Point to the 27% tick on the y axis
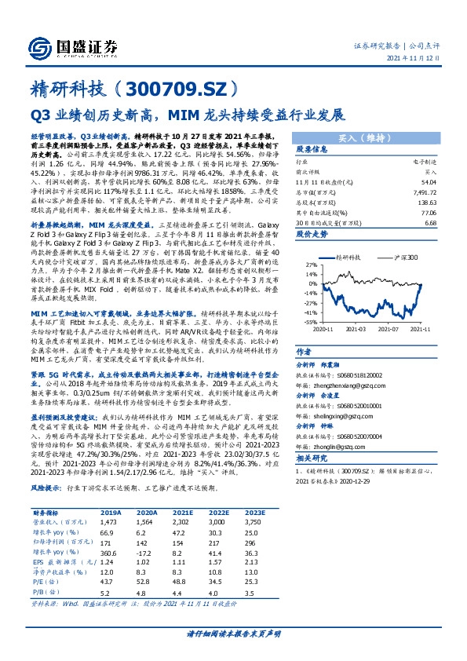[312, 265]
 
